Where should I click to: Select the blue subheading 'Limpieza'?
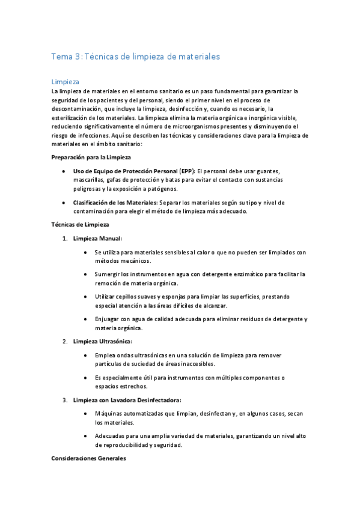point(64,81)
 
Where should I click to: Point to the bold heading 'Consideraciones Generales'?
point(88,458)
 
